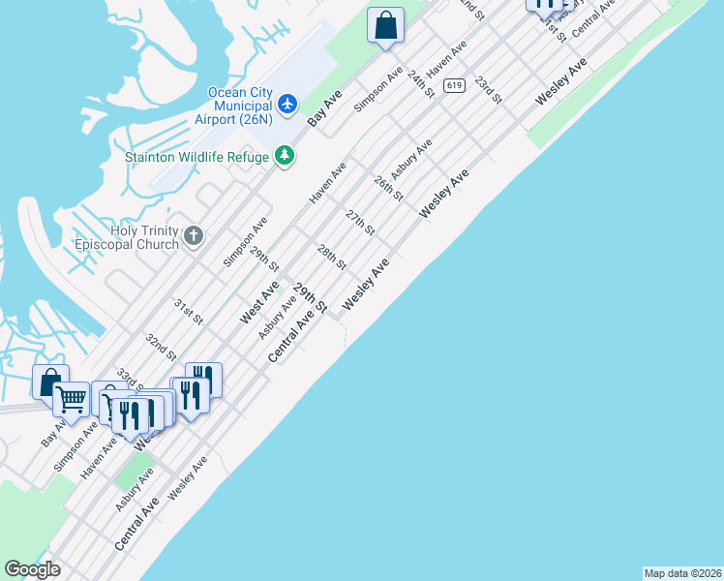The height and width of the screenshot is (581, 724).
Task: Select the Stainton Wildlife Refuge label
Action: click(x=196, y=156)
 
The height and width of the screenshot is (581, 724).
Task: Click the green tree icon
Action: click(x=284, y=156)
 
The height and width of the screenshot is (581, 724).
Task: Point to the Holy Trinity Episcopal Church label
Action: click(x=131, y=236)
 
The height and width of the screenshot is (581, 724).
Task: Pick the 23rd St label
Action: click(x=488, y=91)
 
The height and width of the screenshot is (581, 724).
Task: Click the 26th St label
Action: click(x=388, y=188)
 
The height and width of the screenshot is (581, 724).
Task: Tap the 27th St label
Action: click(x=360, y=222)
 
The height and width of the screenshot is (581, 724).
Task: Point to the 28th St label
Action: click(x=332, y=258)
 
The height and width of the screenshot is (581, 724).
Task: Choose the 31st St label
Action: click(x=188, y=312)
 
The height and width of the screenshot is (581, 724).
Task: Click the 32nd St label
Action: click(x=161, y=346)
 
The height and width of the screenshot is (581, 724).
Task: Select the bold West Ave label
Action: click(x=259, y=302)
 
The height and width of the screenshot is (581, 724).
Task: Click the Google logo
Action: click(x=32, y=569)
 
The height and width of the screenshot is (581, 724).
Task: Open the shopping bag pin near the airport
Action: click(x=385, y=25)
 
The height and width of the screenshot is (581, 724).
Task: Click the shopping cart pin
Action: click(x=71, y=397)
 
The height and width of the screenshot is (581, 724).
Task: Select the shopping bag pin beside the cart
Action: click(x=48, y=382)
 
